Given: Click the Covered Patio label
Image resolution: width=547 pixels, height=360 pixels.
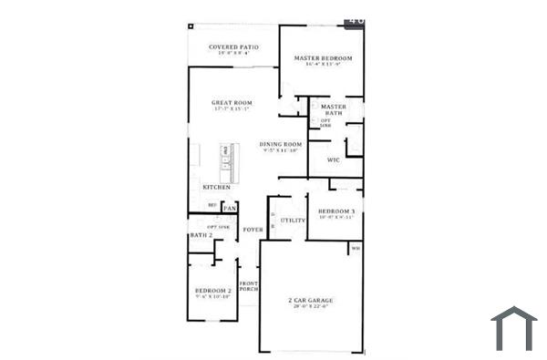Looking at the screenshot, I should (x=233, y=46).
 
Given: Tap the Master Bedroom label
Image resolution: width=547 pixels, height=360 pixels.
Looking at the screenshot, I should (x=323, y=58).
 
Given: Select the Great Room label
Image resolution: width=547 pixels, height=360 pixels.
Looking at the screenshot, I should (x=232, y=103).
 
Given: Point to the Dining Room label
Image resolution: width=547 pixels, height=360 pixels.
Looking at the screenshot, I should (x=280, y=145).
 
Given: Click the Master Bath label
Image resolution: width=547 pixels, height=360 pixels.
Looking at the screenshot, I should (x=334, y=108).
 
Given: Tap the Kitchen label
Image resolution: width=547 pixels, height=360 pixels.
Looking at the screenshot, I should (x=216, y=188).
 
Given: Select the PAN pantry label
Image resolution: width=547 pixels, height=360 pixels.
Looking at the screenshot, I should (x=230, y=208).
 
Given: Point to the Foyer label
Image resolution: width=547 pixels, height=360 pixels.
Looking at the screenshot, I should (x=253, y=230).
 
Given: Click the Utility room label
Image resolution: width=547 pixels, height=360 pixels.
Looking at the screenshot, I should (x=293, y=221).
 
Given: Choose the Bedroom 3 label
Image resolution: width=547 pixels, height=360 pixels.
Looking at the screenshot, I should (x=335, y=211).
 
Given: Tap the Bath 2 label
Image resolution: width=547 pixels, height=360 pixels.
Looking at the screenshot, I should (x=201, y=236).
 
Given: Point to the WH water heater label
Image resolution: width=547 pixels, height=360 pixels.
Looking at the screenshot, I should (x=356, y=247).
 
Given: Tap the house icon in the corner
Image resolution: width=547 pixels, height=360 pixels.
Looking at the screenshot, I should (x=514, y=328).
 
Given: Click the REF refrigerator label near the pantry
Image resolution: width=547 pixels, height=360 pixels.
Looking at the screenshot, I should (x=212, y=205).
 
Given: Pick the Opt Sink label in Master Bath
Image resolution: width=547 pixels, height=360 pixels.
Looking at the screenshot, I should (x=325, y=123).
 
